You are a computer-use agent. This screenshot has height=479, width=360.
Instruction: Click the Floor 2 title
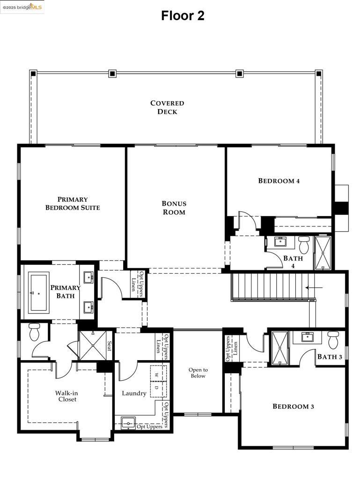[x=183, y=15]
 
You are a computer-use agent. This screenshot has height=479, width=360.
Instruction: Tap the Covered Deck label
[x=167, y=107]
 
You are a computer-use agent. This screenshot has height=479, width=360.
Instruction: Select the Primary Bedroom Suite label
[x=73, y=203]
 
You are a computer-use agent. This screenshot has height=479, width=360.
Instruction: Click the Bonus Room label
[x=174, y=208]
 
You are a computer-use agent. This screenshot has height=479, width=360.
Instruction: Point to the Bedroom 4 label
[x=279, y=181]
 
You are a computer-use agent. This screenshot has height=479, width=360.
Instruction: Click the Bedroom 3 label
[x=293, y=406]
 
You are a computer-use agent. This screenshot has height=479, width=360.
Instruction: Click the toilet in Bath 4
[x=304, y=244]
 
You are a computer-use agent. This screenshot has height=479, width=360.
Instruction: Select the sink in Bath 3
[x=308, y=337]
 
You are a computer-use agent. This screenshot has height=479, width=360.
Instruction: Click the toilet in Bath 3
[x=333, y=340]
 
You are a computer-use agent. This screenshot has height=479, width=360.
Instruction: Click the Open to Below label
[x=198, y=373]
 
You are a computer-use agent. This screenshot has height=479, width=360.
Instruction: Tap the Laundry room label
[x=134, y=393]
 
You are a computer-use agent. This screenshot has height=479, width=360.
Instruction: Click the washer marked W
[x=156, y=375]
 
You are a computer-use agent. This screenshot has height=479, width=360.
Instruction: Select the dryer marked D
[x=156, y=388]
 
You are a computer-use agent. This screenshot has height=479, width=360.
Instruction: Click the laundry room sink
[x=127, y=423]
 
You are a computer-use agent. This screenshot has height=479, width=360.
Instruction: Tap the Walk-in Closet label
[x=66, y=396]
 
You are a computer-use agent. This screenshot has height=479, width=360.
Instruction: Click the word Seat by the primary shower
[x=110, y=346]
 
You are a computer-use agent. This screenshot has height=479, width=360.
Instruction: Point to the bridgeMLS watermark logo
[x=22, y=7]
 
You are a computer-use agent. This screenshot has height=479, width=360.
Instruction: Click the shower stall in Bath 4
[x=323, y=253]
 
